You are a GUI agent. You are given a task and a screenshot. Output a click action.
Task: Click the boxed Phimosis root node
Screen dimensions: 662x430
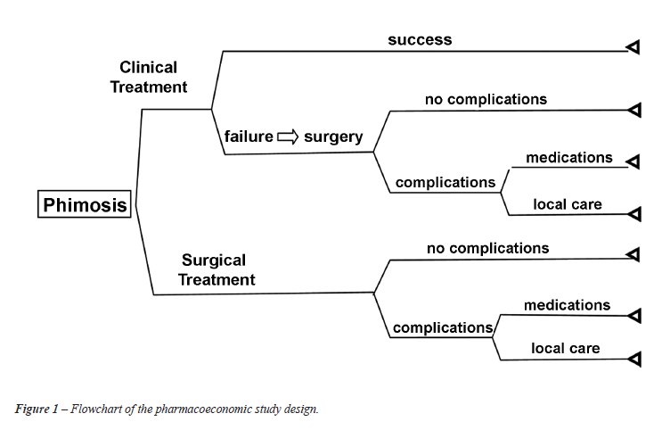click(x=85, y=204)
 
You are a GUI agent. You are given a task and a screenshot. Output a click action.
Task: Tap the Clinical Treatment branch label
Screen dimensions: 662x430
click(x=149, y=77)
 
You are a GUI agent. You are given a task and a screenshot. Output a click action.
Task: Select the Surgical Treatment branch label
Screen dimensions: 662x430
click(x=217, y=269)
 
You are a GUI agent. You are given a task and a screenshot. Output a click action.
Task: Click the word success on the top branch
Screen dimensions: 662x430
click(x=420, y=40)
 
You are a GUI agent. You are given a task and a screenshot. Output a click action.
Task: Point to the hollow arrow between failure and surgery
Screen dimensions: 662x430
click(x=288, y=137)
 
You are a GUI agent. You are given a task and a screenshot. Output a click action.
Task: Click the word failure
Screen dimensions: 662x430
click(x=249, y=136)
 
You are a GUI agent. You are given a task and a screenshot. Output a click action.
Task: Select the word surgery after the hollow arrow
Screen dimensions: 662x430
click(x=333, y=137)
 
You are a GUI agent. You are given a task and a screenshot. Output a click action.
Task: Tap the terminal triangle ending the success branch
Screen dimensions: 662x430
click(x=633, y=47)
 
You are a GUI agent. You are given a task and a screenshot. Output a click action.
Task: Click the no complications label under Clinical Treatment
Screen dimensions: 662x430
click(x=486, y=99)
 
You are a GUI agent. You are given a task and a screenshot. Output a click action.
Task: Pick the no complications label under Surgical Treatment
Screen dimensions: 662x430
click(x=487, y=248)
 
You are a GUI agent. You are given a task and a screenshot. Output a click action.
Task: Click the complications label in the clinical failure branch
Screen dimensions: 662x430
click(x=445, y=183)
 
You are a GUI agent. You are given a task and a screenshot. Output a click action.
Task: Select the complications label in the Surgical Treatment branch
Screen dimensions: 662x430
click(x=443, y=327)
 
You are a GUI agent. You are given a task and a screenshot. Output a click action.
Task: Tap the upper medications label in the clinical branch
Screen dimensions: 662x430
click(x=569, y=158)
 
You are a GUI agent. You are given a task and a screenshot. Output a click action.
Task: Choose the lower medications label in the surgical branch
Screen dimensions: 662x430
click(x=567, y=305)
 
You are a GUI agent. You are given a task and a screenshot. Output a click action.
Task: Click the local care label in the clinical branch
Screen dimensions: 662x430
click(x=568, y=204)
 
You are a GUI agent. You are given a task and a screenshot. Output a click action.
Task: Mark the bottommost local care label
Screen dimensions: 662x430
click(x=565, y=349)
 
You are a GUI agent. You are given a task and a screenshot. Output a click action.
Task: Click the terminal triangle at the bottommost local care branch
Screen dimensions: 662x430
click(x=634, y=360)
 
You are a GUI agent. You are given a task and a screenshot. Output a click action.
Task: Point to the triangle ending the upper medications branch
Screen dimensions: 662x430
click(x=633, y=161)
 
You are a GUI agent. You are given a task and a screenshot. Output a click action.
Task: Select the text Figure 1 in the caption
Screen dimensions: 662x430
click(x=37, y=409)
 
